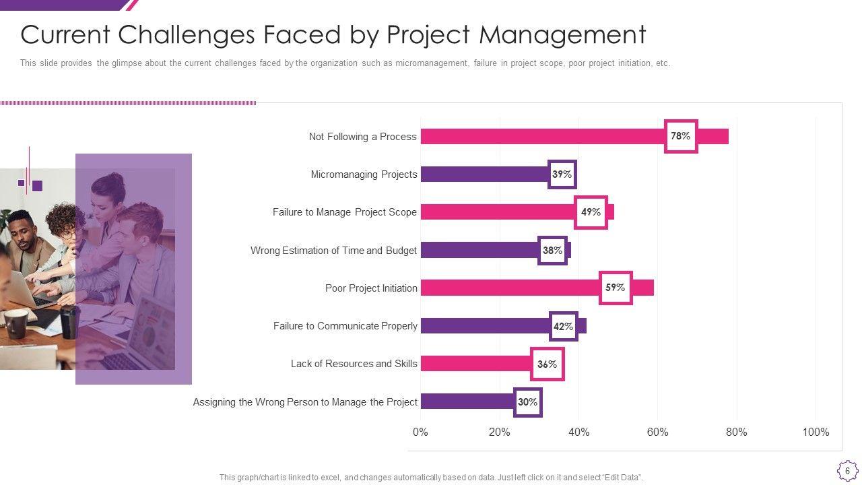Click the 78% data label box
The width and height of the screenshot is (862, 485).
tap(681, 136)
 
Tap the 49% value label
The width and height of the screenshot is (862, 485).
tap(591, 212)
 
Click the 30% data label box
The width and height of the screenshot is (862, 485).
tap(527, 402)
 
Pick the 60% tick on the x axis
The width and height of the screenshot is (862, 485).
tap(657, 432)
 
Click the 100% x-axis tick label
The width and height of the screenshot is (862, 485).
tap(816, 432)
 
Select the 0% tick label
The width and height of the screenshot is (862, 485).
tap(420, 432)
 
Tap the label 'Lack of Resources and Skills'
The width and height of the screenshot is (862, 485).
tap(354, 364)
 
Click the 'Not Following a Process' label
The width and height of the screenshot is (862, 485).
tap(362, 137)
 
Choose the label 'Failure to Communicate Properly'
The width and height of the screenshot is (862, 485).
tap(345, 326)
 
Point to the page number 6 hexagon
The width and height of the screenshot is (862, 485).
tap(847, 470)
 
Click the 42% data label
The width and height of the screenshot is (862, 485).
tap(563, 327)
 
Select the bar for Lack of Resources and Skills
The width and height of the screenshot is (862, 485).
tap(475, 364)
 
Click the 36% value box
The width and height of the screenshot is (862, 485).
tap(547, 364)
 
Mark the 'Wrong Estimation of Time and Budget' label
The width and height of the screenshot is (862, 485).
tap(333, 251)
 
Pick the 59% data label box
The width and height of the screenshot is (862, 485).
tap(616, 288)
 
